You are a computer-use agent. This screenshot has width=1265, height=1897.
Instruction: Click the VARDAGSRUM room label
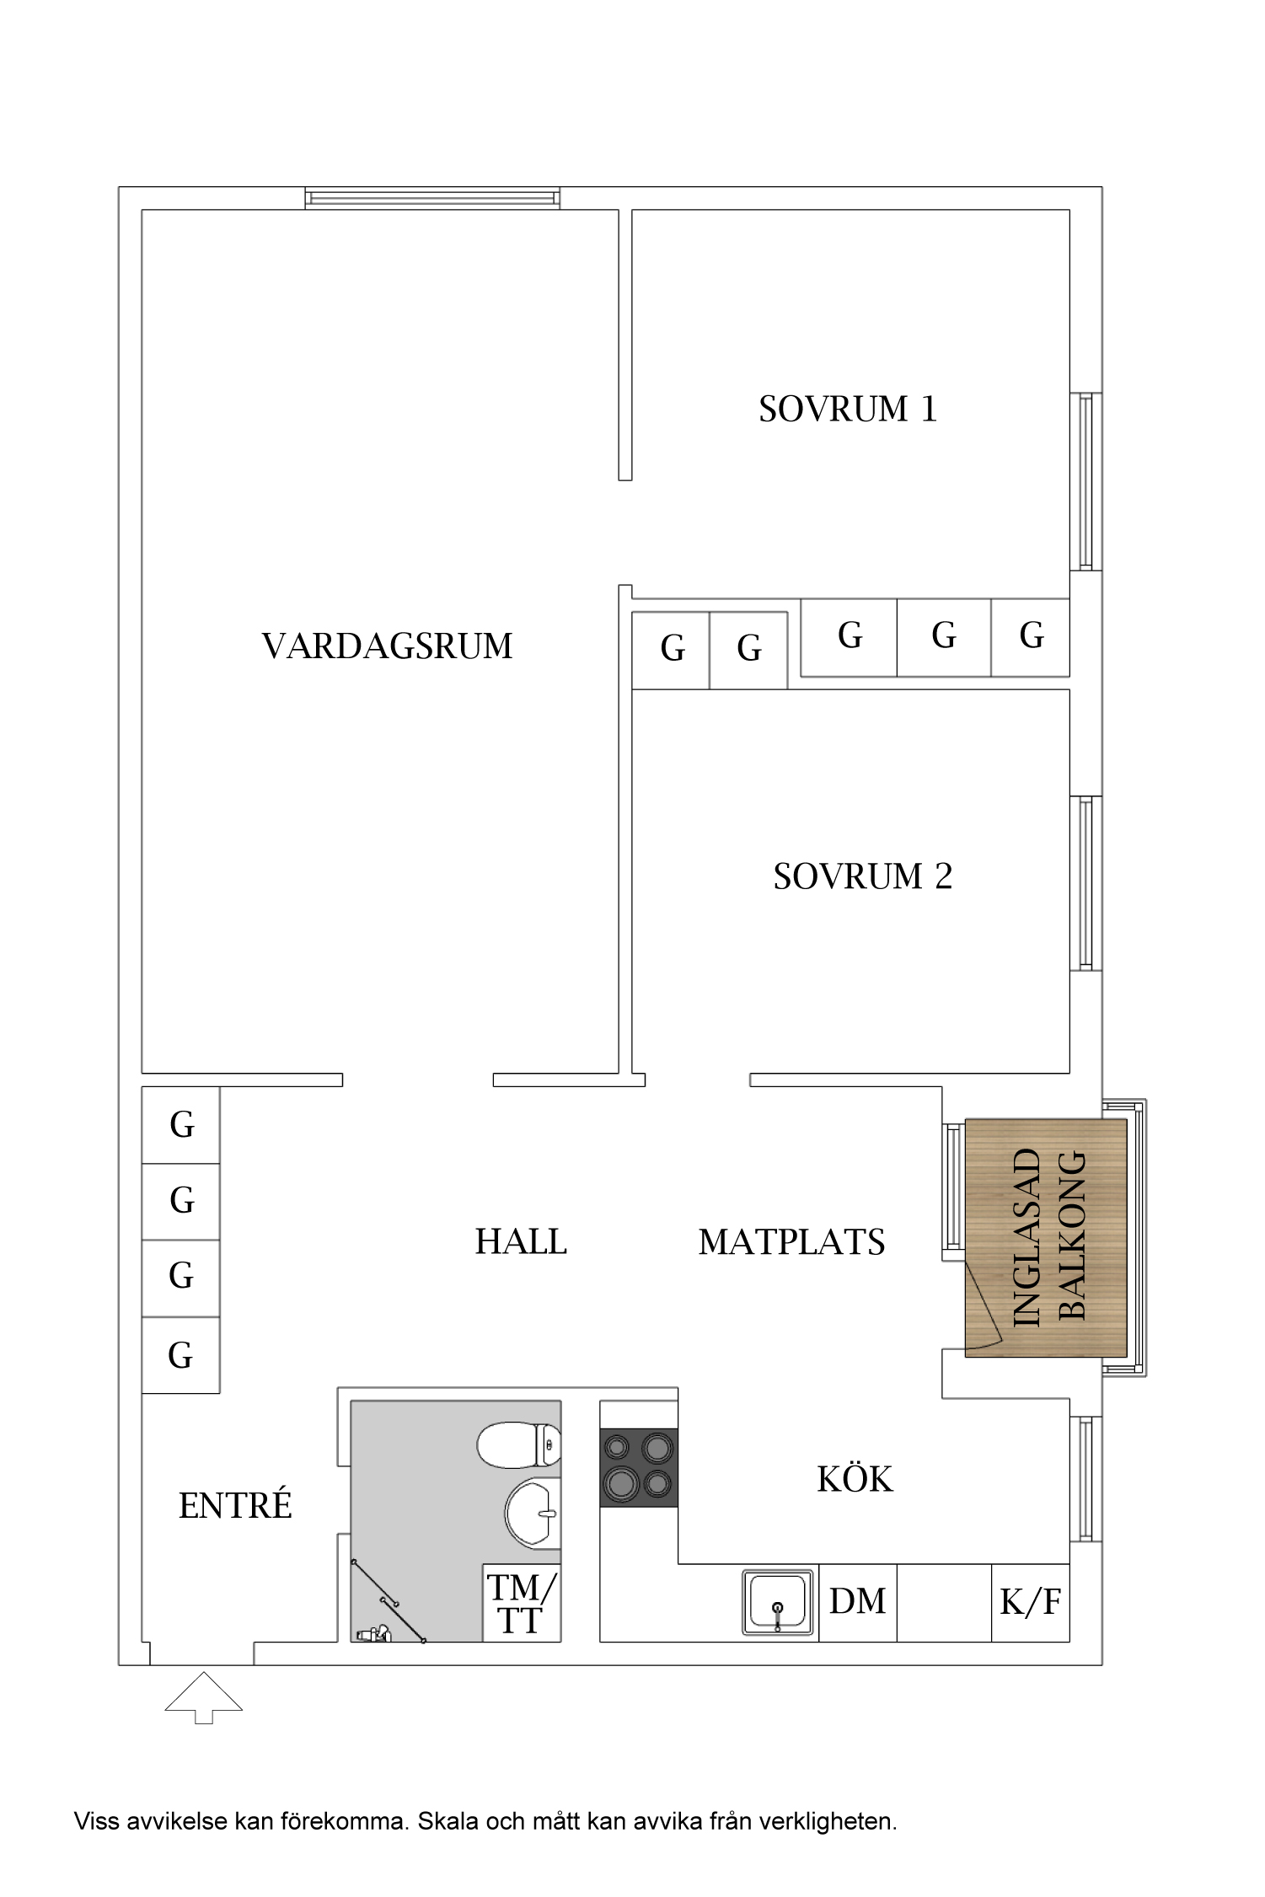387,646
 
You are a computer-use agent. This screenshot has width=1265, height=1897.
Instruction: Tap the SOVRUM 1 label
848,409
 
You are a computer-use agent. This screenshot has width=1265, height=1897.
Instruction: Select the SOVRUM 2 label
863,876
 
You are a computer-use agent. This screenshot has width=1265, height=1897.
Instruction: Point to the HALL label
521,1241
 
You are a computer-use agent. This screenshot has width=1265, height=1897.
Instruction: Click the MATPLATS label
792,1242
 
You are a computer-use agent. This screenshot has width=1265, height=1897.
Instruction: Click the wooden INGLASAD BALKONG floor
1046,1238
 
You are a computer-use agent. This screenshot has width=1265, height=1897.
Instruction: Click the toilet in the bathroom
519,1445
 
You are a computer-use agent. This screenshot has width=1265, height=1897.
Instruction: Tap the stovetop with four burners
639,1467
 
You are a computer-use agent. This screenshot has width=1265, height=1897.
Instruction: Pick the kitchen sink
778,1602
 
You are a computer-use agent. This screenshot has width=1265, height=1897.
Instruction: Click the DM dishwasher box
858,1602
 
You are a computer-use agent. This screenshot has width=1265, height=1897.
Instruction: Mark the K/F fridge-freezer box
1031,1602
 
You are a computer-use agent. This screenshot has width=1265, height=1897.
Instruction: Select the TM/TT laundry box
522,1603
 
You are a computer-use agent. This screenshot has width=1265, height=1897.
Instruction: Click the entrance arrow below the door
204,1697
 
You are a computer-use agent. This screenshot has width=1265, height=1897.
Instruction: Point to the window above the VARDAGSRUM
432,198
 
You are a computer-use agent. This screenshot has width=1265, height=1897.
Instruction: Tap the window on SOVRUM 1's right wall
1086,481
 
